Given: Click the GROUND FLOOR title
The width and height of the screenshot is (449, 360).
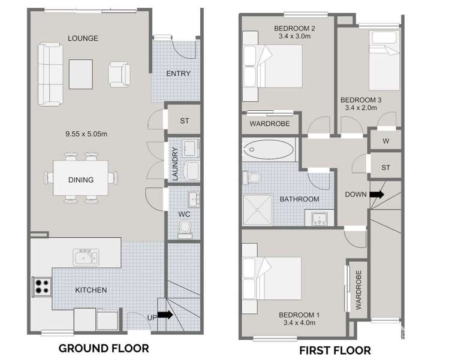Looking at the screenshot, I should point(103,347).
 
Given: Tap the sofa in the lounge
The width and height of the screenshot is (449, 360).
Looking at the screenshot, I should point(50,74).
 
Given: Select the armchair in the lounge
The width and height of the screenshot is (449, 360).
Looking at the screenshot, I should point(119,74).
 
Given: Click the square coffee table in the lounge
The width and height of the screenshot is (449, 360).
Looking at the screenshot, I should point(81,73).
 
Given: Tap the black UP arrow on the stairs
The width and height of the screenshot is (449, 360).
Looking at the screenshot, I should point(165,314).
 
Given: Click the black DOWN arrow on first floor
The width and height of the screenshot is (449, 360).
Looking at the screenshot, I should point(377,194).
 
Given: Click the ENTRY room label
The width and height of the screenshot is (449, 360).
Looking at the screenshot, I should point(178,74).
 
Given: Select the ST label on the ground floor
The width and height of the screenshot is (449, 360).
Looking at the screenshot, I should point(185,120).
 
